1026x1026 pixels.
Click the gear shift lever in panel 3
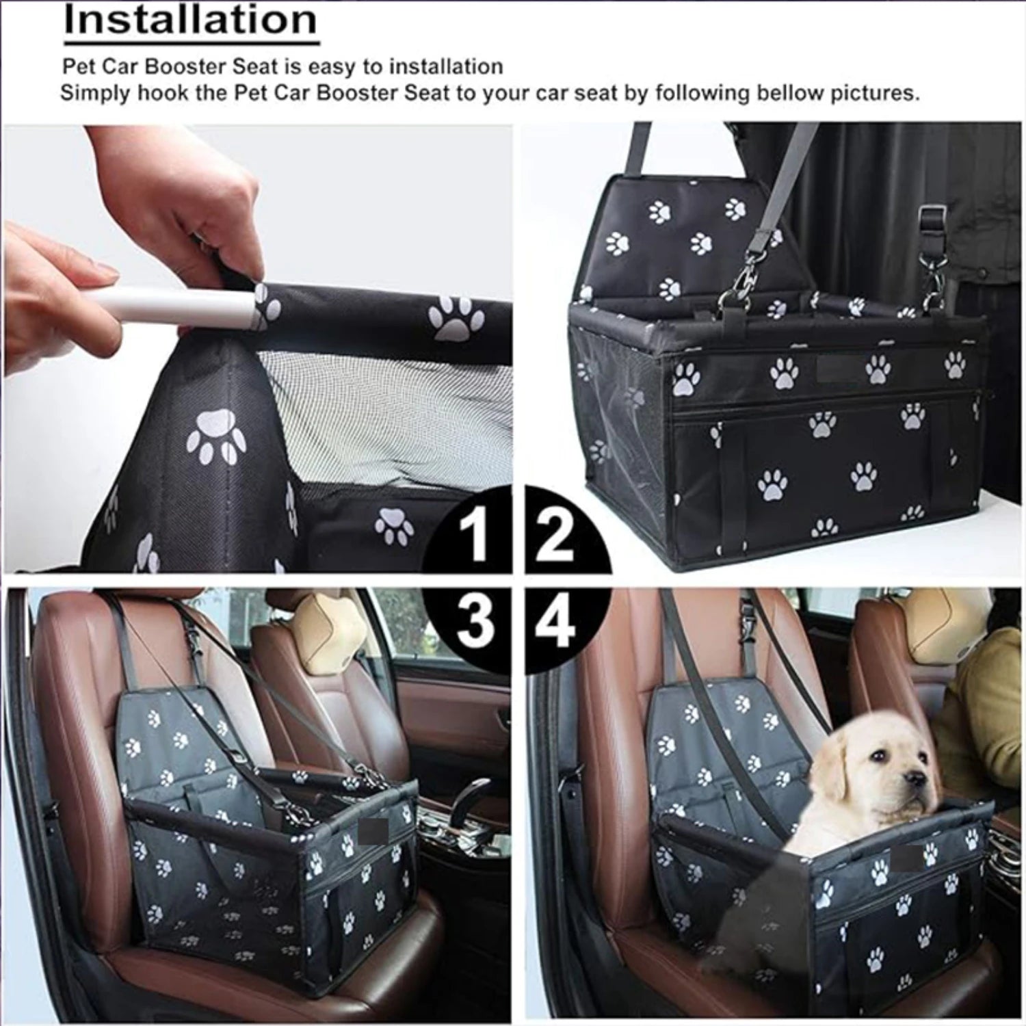point(472,797)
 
